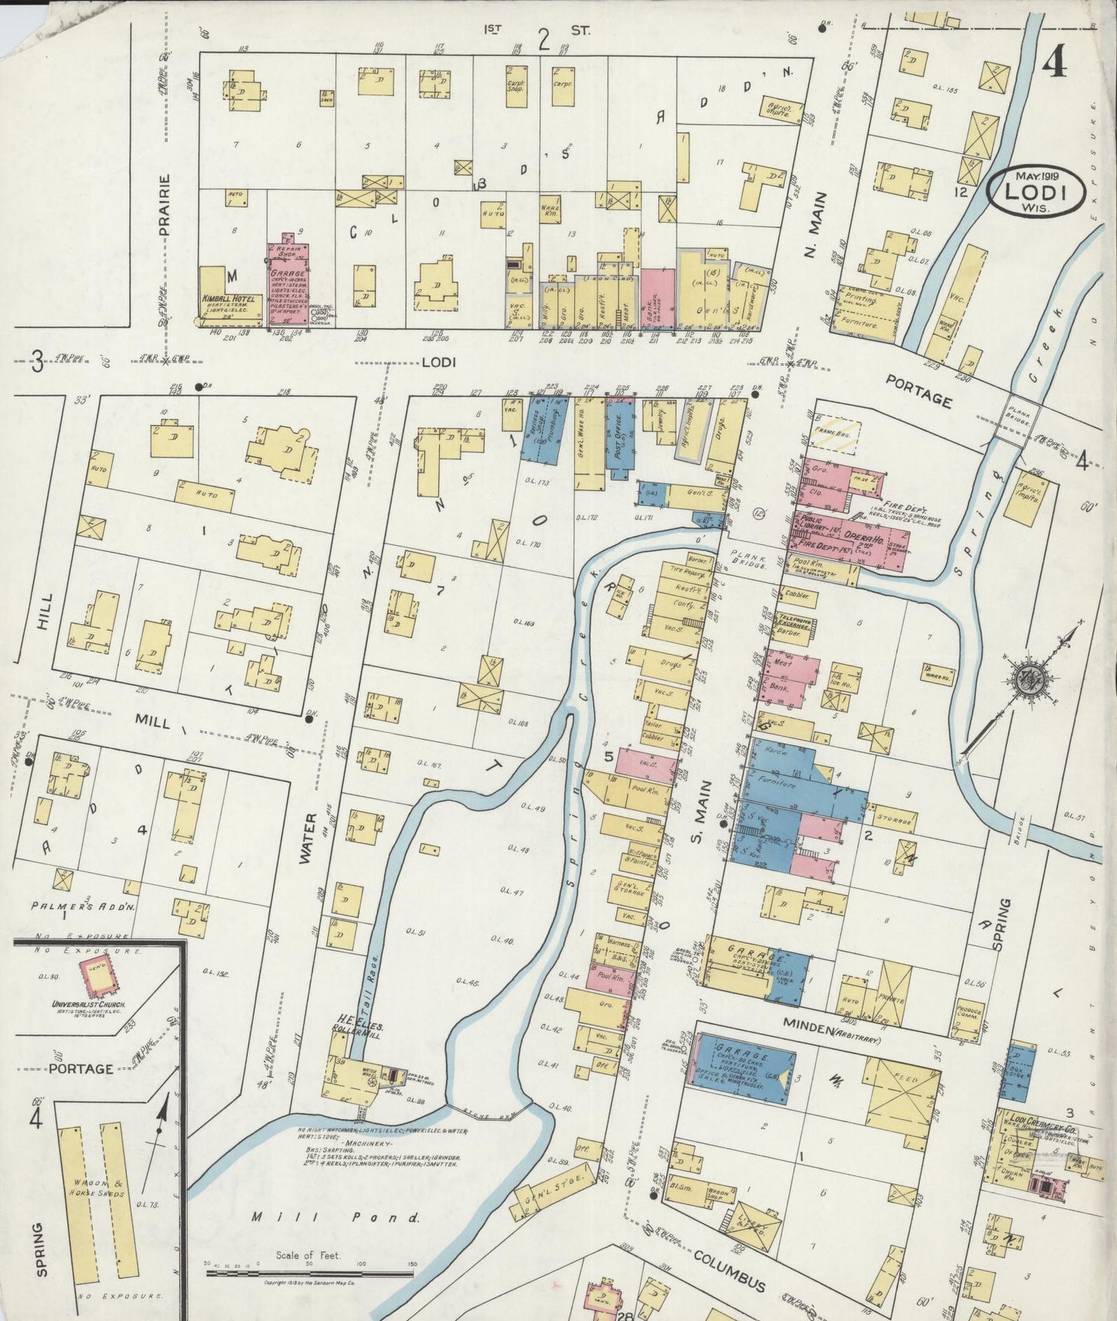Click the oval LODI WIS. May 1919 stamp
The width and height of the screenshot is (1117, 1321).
click(1033, 190)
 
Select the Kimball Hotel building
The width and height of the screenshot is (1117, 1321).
click(223, 298)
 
